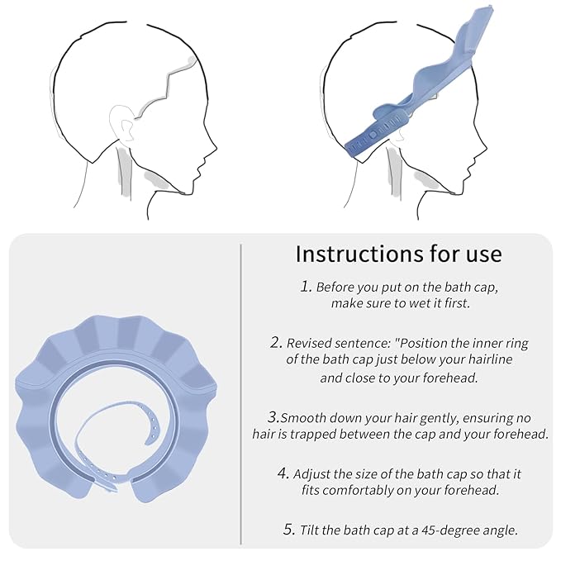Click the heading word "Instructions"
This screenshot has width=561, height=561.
pyautogui.click(x=359, y=254)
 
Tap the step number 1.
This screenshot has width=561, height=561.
pyautogui.click(x=306, y=286)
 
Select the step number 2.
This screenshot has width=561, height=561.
pyautogui.click(x=277, y=342)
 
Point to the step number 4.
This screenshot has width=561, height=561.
pyautogui.click(x=283, y=473)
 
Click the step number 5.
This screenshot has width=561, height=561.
pyautogui.click(x=289, y=529)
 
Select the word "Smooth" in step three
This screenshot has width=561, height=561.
pyautogui.click(x=302, y=418)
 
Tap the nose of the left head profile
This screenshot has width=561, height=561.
pyautogui.click(x=214, y=147)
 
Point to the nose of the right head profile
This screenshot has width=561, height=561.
pyautogui.click(x=483, y=147)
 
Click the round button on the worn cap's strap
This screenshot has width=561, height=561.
pyautogui.click(x=373, y=135)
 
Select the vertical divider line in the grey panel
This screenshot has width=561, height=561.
pyautogui.click(x=240, y=395)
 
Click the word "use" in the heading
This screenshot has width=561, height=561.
pyautogui.click(x=483, y=255)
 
